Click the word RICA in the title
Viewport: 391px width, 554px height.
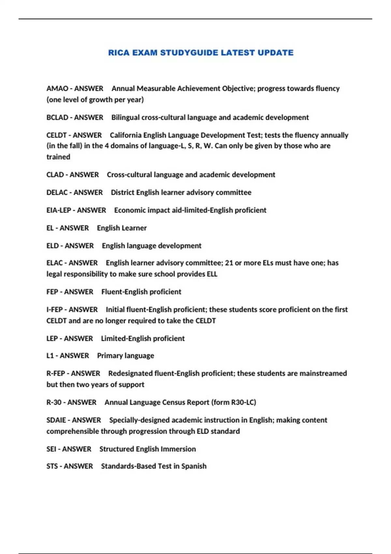tap(119, 52)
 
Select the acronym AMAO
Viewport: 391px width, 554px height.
tap(57, 89)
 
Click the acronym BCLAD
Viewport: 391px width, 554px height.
tap(57, 117)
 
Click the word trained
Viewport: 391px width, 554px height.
tap(58, 157)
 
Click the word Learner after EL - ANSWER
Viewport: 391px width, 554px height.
tap(135, 228)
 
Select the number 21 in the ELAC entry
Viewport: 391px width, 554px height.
tap(229, 263)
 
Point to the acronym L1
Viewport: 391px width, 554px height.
tap(50, 356)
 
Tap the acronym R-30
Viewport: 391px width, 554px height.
tap(54, 402)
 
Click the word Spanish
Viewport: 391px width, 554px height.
tap(194, 466)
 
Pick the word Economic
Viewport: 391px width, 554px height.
tap(129, 210)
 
